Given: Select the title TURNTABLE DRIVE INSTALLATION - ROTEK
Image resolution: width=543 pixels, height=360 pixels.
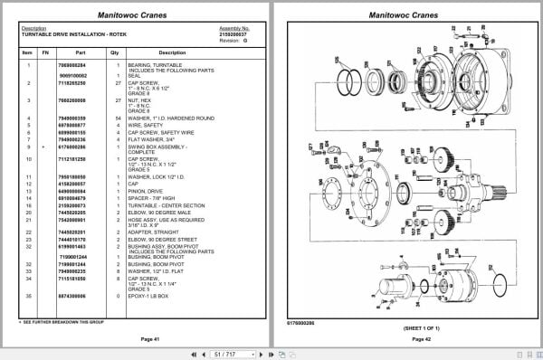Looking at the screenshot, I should [66, 34].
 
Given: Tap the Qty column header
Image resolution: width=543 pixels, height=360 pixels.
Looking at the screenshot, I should [115, 52].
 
